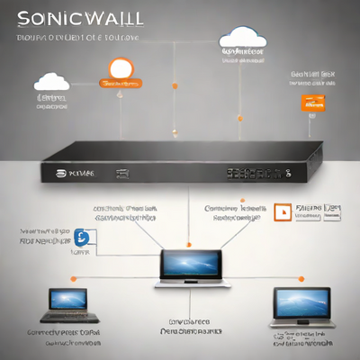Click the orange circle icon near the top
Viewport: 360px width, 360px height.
point(120,68)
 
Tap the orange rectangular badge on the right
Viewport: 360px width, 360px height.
point(310,103)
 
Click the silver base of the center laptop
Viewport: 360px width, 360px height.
point(188,283)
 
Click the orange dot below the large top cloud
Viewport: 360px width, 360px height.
point(238,119)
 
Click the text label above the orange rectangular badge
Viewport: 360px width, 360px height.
point(312,76)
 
